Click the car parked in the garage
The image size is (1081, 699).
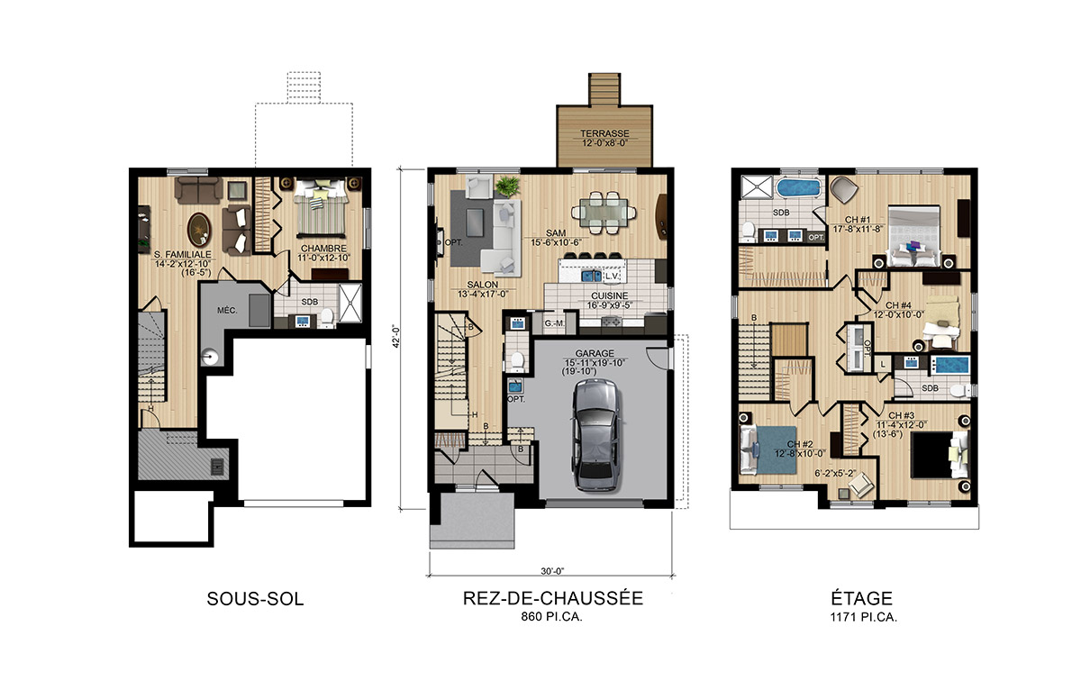[595, 435]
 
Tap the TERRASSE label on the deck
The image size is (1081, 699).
[604, 133]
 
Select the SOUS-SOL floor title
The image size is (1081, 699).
[255, 599]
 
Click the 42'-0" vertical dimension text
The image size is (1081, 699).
[396, 337]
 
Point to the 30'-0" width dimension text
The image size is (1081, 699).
[552, 571]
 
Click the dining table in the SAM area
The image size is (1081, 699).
[604, 213]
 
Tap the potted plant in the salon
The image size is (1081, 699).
[508, 186]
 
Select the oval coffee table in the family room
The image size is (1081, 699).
[199, 230]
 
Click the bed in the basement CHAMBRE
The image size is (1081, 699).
[321, 207]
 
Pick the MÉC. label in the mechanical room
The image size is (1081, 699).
[227, 310]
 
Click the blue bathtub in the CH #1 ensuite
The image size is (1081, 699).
[798, 188]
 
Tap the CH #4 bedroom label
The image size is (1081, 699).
[898, 305]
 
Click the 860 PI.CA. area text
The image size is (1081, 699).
[551, 616]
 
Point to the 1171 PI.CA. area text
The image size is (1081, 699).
[863, 617]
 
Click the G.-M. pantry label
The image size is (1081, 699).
[555, 323]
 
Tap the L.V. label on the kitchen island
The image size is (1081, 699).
[612, 277]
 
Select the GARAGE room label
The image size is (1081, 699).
[595, 354]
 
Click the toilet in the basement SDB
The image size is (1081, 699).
[327, 317]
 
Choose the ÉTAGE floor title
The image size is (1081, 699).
[862, 598]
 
